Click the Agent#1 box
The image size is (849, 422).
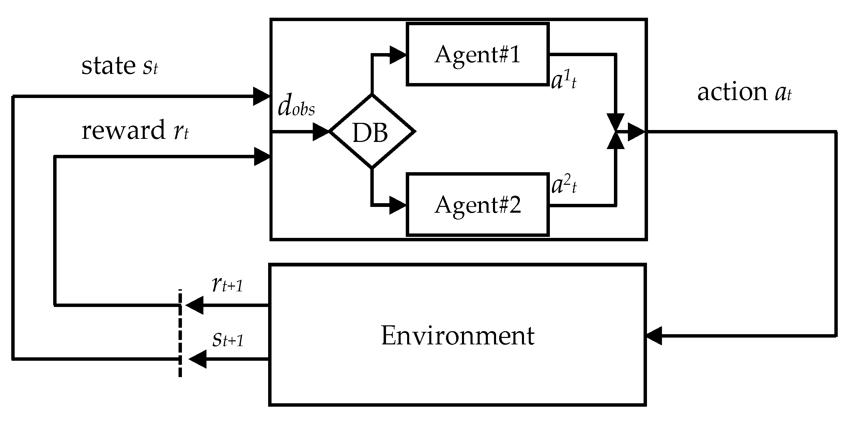pyautogui.click(x=477, y=54)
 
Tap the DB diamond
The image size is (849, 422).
pyautogui.click(x=371, y=131)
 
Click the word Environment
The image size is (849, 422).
pyautogui.click(x=458, y=336)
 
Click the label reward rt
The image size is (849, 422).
pyautogui.click(x=135, y=131)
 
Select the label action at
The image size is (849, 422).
pyautogui.click(x=744, y=93)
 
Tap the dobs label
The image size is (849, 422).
pyautogui.click(x=296, y=108)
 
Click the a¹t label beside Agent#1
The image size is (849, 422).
pyautogui.click(x=564, y=82)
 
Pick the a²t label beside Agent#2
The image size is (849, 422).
pyautogui.click(x=564, y=186)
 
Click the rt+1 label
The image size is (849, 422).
pyautogui.click(x=227, y=285)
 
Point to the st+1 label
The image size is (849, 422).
pyautogui.click(x=228, y=339)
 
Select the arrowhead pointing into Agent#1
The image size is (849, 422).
pyautogui.click(x=398, y=54)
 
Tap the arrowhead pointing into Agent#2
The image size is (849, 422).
pyautogui.click(x=398, y=205)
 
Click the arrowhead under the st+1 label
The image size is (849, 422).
pyautogui.click(x=198, y=359)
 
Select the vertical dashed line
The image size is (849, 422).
pyautogui.click(x=180, y=334)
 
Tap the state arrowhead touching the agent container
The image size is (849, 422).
pyautogui.click(x=262, y=96)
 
